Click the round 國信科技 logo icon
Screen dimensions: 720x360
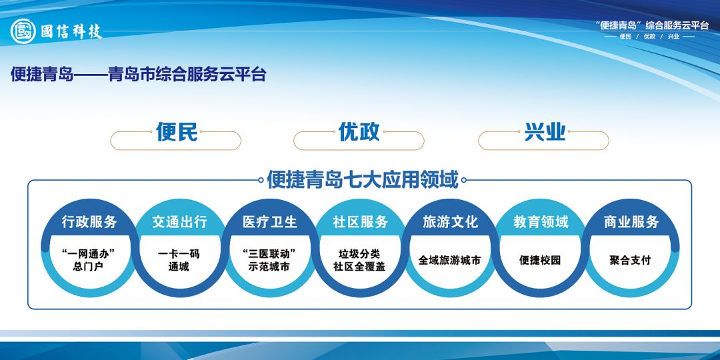23,31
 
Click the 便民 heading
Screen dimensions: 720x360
177,132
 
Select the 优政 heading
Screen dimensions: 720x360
359,132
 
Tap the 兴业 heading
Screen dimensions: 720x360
545,132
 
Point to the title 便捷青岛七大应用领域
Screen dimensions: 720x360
363,179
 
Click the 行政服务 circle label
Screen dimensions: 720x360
89,222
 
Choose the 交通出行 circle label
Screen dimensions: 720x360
179,222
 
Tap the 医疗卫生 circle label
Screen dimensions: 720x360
270,222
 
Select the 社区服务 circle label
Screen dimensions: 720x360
361,222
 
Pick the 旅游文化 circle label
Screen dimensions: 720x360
451,222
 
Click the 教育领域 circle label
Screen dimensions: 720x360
541,222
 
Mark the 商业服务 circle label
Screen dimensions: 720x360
631,222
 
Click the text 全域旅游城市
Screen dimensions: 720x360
449,260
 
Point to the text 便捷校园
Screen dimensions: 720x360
540,260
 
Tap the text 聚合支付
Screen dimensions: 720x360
630,260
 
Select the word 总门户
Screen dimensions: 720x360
88,266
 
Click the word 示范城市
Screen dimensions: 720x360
269,266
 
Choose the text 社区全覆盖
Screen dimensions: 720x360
359,266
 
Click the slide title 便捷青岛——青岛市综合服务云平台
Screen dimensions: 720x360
138,75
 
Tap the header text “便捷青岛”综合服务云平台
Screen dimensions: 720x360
651,26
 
